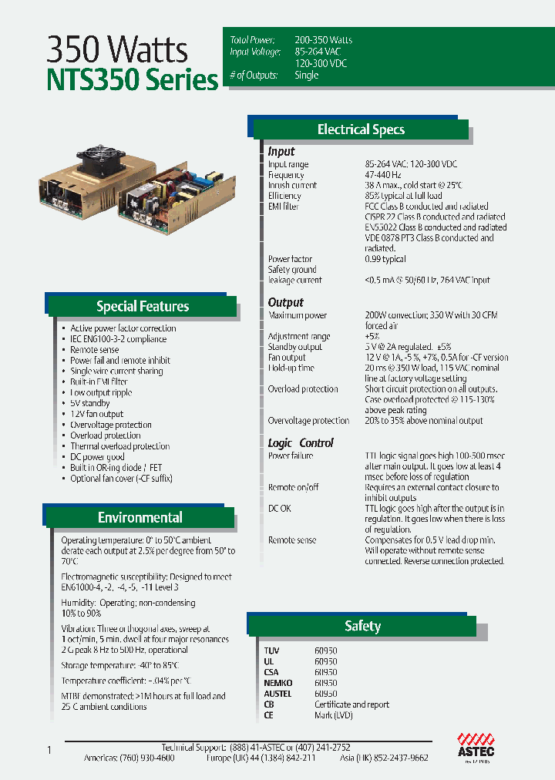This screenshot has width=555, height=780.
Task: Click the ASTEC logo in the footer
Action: click(x=476, y=745)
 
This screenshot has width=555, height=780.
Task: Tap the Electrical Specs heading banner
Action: click(x=361, y=129)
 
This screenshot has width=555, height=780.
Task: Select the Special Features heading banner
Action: click(x=143, y=306)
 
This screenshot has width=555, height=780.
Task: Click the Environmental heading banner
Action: click(x=140, y=517)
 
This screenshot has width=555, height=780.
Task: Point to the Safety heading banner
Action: click(x=362, y=626)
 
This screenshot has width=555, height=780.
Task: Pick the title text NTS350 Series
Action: click(x=133, y=81)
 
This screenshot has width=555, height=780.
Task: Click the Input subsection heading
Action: click(x=281, y=152)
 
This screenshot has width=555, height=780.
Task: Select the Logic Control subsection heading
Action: click(x=301, y=443)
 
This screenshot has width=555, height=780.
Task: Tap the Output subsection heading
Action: click(x=286, y=303)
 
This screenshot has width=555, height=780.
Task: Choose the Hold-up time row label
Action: click(x=291, y=368)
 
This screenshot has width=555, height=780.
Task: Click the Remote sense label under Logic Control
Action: click(x=292, y=540)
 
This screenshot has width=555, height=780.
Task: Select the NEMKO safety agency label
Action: click(x=279, y=683)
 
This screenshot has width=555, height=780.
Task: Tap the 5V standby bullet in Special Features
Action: click(x=90, y=403)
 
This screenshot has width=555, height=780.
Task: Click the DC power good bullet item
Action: click(x=97, y=457)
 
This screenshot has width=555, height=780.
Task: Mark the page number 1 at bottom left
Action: click(x=49, y=750)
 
